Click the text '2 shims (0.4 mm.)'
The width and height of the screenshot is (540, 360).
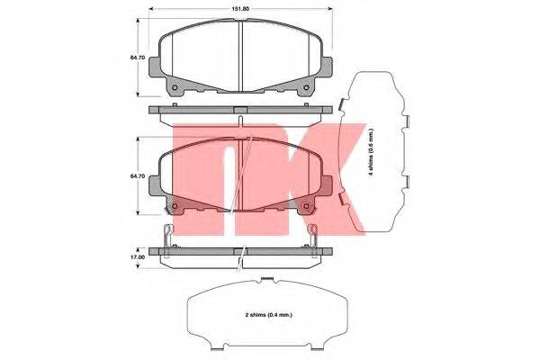[269, 315]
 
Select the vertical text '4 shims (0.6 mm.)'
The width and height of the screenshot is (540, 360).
[371, 152]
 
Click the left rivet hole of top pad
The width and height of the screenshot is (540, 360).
[175, 87]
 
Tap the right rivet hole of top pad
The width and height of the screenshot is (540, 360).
[306, 87]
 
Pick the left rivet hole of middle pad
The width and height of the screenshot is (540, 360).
[175, 206]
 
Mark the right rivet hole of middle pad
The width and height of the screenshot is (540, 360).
[306, 206]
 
